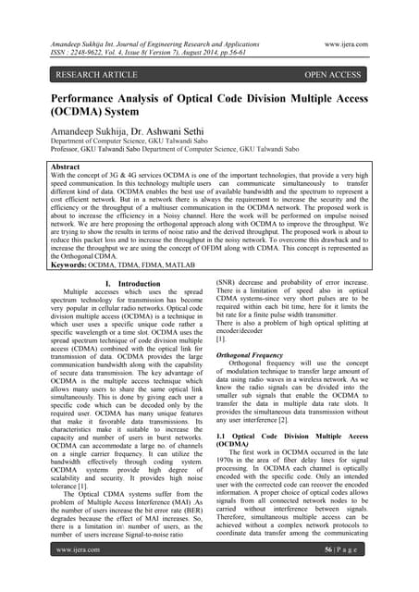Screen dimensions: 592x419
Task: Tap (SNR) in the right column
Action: [228, 283]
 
